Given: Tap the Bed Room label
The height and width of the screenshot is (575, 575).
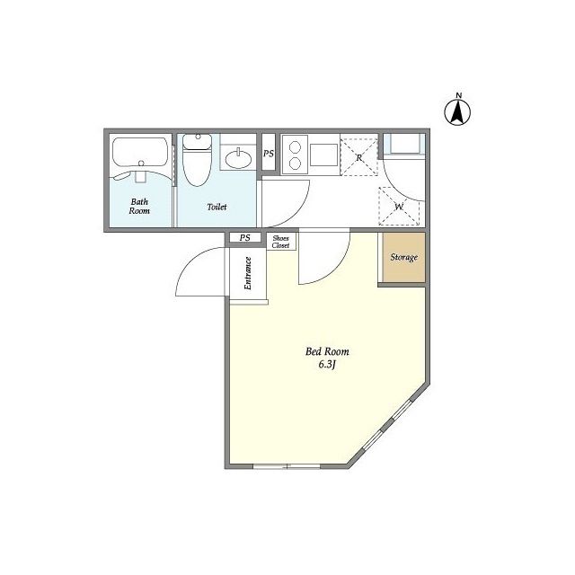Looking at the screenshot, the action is tap(327, 351).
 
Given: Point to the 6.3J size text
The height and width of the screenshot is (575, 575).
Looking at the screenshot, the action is tap(327, 365).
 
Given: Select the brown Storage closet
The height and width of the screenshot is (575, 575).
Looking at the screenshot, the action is tap(403, 258).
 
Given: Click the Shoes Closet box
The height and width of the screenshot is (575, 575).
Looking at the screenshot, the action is tap(281, 242).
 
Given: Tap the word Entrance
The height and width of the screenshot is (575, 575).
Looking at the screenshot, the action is tap(248, 273).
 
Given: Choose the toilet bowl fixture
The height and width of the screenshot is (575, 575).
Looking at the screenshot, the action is tap(198, 160).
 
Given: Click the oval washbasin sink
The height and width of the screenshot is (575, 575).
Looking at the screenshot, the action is tap(238, 159).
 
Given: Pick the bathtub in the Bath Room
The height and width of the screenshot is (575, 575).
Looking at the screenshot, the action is tap(140, 152).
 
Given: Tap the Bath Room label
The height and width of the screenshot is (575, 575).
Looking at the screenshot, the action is tap(139, 206).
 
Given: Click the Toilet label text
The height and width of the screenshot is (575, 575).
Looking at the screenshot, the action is tap(217, 207).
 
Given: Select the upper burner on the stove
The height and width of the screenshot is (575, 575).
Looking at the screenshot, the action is tap(296, 147).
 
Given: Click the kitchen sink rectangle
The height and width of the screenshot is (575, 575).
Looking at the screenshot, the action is tap(323, 155).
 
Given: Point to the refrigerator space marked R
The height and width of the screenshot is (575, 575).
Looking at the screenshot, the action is tap(359, 155).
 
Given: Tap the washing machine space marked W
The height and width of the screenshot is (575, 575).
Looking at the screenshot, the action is tap(399, 206).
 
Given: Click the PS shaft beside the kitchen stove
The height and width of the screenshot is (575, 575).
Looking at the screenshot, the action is tap(269, 154).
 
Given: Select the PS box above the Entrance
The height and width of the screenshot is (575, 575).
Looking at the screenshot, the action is tap(245, 237).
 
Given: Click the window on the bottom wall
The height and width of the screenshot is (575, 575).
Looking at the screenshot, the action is tap(287, 466).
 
